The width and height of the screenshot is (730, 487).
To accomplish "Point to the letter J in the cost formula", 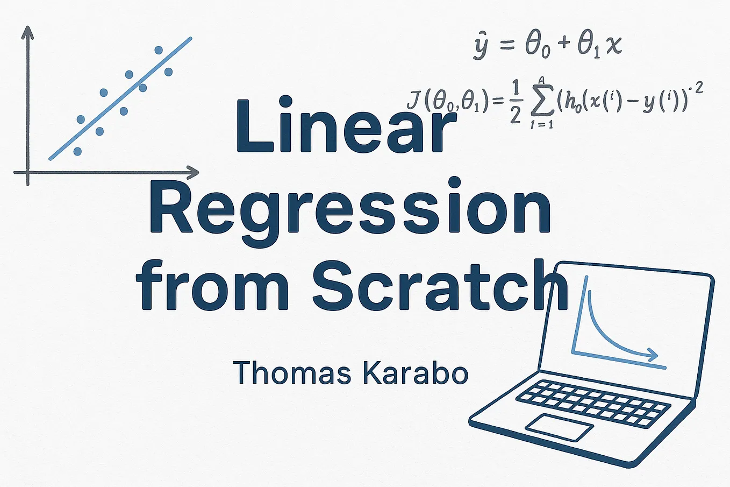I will point(414,101).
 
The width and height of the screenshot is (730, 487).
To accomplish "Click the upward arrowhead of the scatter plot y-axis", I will point(27,32).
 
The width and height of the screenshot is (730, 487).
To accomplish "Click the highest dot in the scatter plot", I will point(159,50).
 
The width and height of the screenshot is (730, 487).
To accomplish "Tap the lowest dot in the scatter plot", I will point(77,152).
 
